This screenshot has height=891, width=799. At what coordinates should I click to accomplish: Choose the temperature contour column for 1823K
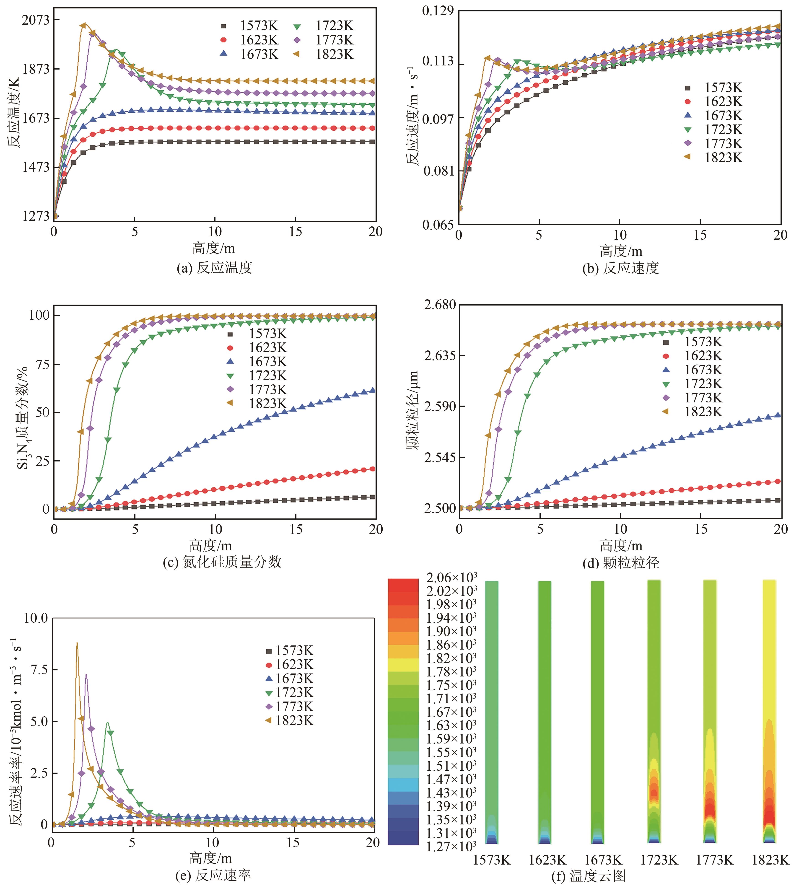pos(769,711)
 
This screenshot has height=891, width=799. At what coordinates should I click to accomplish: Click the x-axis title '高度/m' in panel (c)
pos(211,546)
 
